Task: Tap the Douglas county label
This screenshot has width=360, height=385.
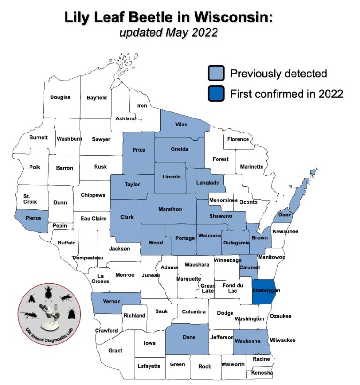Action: coord(60,97)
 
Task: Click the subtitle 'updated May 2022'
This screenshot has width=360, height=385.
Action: coord(168,32)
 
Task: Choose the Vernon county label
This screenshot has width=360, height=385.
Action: coord(112,301)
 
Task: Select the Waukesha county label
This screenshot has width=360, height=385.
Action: coord(247,341)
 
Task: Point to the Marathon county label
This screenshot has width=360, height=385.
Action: coord(170,209)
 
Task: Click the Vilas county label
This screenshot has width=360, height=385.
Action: coord(181,125)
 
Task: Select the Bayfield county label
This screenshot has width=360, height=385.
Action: coord(97,97)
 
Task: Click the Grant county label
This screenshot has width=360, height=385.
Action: coord(115,350)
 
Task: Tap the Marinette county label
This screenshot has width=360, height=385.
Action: coord(252,167)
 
